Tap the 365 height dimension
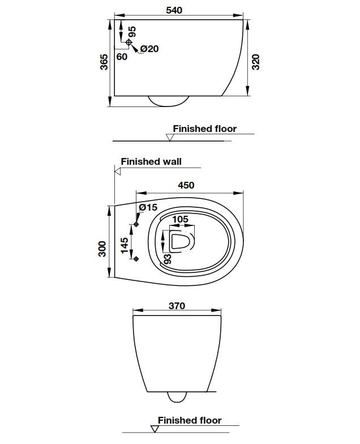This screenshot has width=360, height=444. [104, 62]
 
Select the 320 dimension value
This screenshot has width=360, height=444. [256, 62]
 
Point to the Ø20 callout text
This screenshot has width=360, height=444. [149, 49]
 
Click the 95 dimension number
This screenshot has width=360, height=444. [132, 31]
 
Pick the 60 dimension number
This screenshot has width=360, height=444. [122, 57]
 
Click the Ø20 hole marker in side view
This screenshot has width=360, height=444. [129, 42]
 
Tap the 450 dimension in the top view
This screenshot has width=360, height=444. [186, 185]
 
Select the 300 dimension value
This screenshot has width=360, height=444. [102, 249]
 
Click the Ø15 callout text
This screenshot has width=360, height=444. [148, 207]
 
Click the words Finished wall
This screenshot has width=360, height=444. [151, 161]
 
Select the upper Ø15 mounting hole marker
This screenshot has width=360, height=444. [136, 225]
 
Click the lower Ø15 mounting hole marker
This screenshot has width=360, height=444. [136, 259]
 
